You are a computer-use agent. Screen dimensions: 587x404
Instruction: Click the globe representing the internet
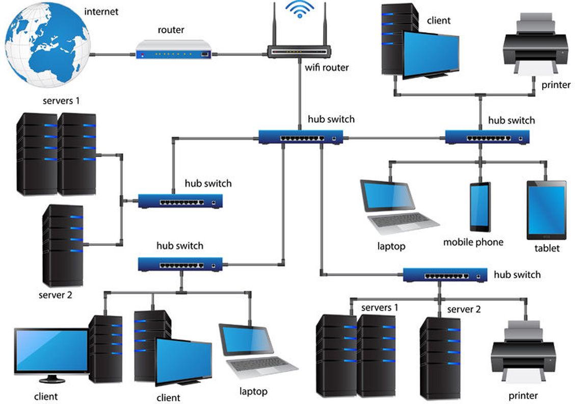point(47,44)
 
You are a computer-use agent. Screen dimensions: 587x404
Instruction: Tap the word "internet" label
point(101,12)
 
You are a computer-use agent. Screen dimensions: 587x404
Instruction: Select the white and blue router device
point(174,49)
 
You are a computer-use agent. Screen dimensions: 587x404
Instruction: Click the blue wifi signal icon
point(300,9)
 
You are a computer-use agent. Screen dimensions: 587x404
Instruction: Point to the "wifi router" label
point(327,67)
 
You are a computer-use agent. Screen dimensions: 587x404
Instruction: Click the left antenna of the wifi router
point(275,24)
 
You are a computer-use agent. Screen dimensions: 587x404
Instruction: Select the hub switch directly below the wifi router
point(301,137)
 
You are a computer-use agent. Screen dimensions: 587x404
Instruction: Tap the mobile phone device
point(480,207)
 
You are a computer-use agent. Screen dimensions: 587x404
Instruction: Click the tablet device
point(546,210)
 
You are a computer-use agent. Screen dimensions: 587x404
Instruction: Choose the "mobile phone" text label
point(473,242)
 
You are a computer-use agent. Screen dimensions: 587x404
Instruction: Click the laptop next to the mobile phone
point(397,207)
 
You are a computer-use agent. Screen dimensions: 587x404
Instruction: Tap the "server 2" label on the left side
point(56,295)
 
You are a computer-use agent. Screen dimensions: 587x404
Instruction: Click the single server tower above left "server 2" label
point(63,245)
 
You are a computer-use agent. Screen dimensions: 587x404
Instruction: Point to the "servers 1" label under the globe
point(61,100)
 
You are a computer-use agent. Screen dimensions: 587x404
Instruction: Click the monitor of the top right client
point(431,55)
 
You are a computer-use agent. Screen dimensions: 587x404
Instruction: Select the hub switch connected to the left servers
point(180,201)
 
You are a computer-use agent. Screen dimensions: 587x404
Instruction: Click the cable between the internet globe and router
point(113,55)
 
